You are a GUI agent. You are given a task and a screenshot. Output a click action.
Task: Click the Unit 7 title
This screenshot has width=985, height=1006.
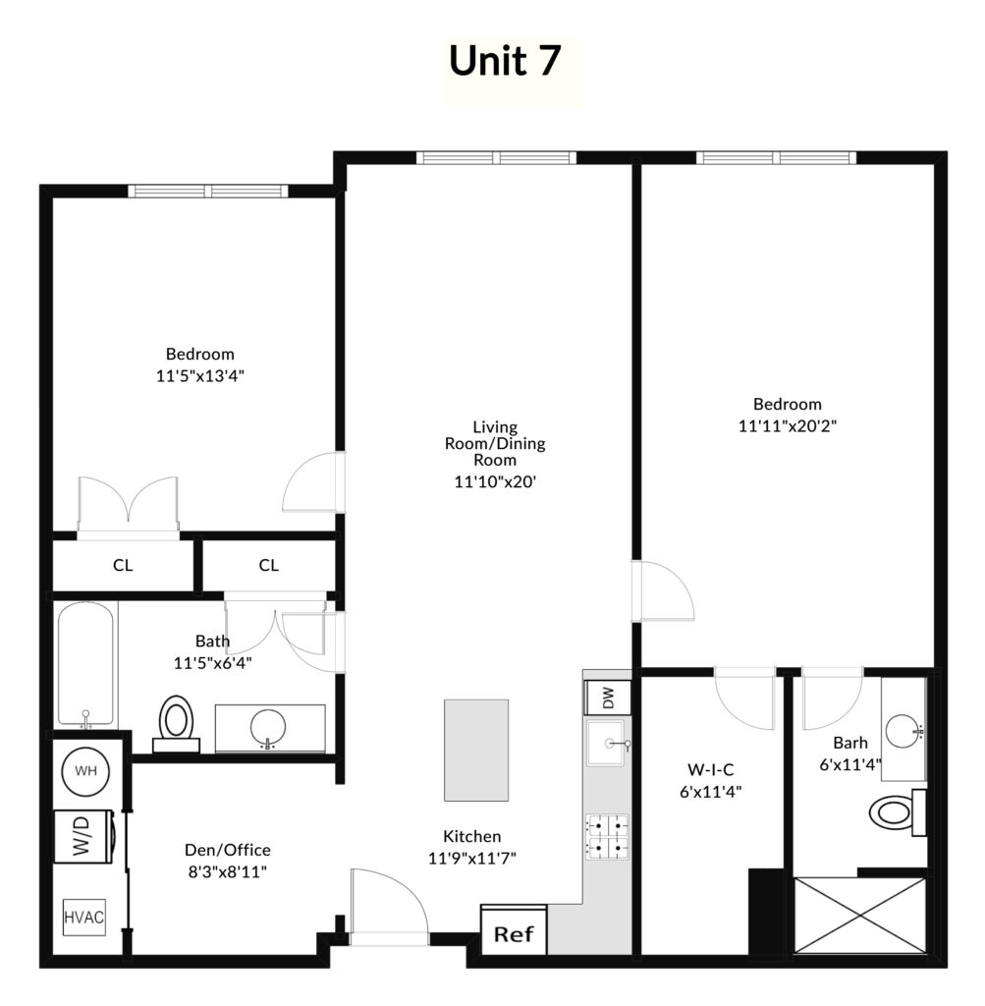pyautogui.click(x=505, y=60)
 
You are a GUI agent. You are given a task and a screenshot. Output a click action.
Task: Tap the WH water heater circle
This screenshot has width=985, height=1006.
pyautogui.click(x=85, y=771)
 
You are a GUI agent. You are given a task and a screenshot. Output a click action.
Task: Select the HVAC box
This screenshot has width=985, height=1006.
pyautogui.click(x=84, y=918)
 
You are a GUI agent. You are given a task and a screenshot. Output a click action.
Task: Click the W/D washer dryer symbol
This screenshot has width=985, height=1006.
pyautogui.click(x=84, y=836)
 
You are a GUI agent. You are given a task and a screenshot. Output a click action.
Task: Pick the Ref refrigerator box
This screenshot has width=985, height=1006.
pyautogui.click(x=514, y=931)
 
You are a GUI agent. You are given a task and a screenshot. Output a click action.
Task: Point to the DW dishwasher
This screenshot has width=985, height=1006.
pyautogui.click(x=607, y=698)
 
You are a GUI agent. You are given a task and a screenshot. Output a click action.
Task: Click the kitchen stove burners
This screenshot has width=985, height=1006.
pyautogui.click(x=607, y=837)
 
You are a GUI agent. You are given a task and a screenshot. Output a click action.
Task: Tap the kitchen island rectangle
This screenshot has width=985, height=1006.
pyautogui.click(x=476, y=750)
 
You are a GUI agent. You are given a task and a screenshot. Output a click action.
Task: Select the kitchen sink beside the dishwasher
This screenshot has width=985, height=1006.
pyautogui.click(x=607, y=743)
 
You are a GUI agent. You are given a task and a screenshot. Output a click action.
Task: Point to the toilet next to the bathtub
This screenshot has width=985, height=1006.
pyautogui.click(x=177, y=724)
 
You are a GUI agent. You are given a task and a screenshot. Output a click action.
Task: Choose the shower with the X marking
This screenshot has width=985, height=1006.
pyautogui.click(x=860, y=916)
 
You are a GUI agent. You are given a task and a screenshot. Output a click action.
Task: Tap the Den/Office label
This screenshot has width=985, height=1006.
pyautogui.click(x=228, y=850)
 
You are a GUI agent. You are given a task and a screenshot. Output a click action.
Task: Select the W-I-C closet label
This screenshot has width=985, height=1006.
pyautogui.click(x=711, y=769)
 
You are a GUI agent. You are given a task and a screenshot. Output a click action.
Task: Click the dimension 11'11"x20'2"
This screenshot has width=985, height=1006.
pyautogui.click(x=788, y=425)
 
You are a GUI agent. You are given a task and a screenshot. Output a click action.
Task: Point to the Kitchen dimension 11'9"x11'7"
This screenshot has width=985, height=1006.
pyautogui.click(x=472, y=858)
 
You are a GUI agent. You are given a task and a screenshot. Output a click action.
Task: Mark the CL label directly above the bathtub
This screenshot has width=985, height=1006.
pyautogui.click(x=123, y=565)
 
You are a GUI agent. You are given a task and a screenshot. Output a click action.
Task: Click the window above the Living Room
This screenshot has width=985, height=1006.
pyautogui.click(x=496, y=158)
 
